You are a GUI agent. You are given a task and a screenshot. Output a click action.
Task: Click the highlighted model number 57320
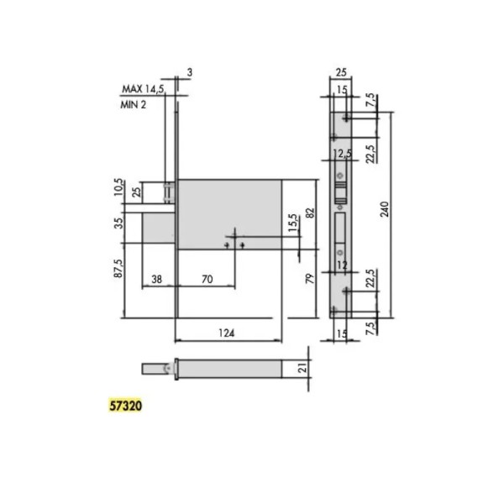[125, 406]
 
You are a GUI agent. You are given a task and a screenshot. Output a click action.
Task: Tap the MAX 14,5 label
[143, 89]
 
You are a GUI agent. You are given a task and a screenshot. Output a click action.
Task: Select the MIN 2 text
[133, 104]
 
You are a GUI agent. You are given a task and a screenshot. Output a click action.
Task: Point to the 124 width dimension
[227, 333]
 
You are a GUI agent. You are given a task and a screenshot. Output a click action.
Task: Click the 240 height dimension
[385, 209]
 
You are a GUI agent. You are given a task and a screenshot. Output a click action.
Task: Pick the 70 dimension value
[207, 279]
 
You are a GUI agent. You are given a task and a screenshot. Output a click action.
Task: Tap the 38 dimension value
[156, 279]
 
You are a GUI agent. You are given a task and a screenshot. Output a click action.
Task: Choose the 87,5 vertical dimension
[118, 269]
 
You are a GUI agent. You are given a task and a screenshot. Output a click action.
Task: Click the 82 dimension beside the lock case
[310, 213]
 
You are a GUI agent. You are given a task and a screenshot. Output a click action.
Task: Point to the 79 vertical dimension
[308, 278]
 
